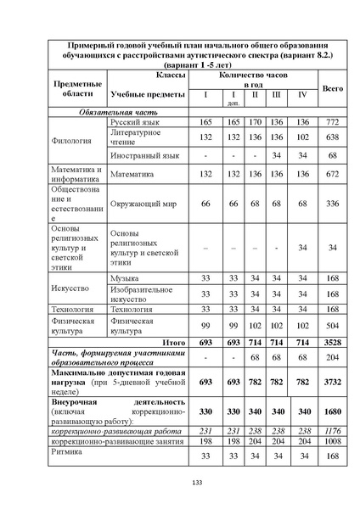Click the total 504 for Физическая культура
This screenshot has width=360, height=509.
333,325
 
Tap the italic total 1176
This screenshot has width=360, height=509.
333,430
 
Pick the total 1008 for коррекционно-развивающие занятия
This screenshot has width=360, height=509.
333,441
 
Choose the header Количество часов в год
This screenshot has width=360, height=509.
254,81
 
